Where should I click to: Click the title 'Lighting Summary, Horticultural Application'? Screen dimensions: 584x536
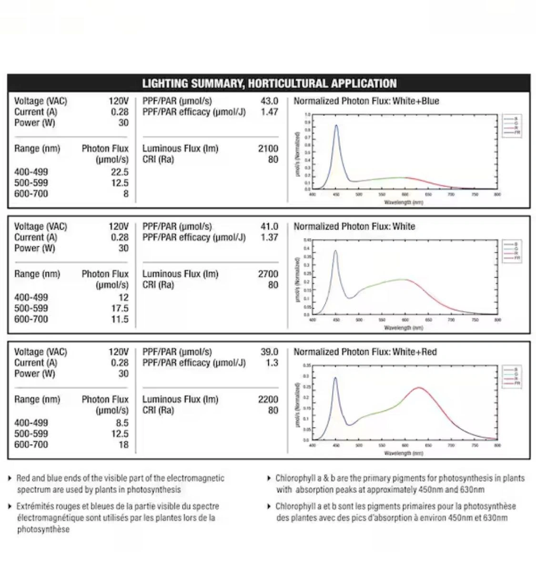pyautogui.click(x=269, y=83)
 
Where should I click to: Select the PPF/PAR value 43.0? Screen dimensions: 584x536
pyautogui.click(x=269, y=101)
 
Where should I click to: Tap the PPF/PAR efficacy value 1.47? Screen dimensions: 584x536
pyautogui.click(x=269, y=112)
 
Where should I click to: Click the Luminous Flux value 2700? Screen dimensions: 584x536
pyautogui.click(x=268, y=274)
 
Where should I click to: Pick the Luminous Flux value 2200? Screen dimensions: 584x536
pyautogui.click(x=268, y=399)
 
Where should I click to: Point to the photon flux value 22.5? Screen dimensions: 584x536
pyautogui.click(x=120, y=172)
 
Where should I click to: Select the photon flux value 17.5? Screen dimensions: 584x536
pyautogui.click(x=120, y=308)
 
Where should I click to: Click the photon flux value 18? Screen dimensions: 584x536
pyautogui.click(x=123, y=445)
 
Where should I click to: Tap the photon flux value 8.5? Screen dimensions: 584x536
pyautogui.click(x=121, y=423)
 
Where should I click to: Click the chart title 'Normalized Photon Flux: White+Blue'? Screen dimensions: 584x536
pyautogui.click(x=366, y=101)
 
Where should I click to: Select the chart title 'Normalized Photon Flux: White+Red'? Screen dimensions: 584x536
pyautogui.click(x=365, y=352)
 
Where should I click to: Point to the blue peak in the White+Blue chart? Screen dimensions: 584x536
pyautogui.click(x=336, y=125)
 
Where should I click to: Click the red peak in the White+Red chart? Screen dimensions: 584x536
pyautogui.click(x=419, y=387)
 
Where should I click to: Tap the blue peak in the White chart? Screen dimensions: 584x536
pyautogui.click(x=335, y=251)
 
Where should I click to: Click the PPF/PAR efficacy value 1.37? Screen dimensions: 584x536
pyautogui.click(x=269, y=238)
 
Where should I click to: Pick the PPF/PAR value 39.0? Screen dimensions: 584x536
pyautogui.click(x=269, y=352)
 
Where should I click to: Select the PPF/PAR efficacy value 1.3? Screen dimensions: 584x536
pyautogui.click(x=272, y=363)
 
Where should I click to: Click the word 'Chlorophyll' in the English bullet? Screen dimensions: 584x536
pyautogui.click(x=295, y=478)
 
